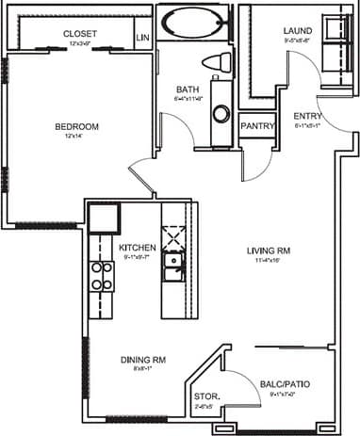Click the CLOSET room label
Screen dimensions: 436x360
point(80,34)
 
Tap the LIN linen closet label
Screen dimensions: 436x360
point(143,38)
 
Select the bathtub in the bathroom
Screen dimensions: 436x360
point(192,24)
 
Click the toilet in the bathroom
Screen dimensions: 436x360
point(219,63)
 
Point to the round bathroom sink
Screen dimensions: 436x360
point(221,114)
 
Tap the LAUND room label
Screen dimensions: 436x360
point(298,31)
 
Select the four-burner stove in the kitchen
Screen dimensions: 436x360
point(102,275)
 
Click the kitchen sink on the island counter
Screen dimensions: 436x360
point(172,266)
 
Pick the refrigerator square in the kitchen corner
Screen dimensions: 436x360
point(103,219)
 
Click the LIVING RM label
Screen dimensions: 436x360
point(269,250)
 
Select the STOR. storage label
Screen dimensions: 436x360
point(205,398)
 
